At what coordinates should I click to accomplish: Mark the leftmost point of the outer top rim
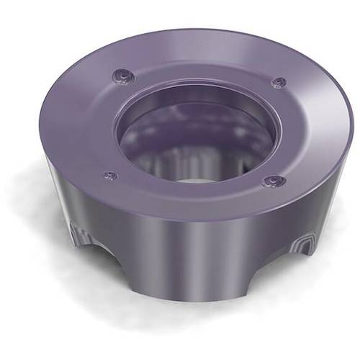[45, 126]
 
